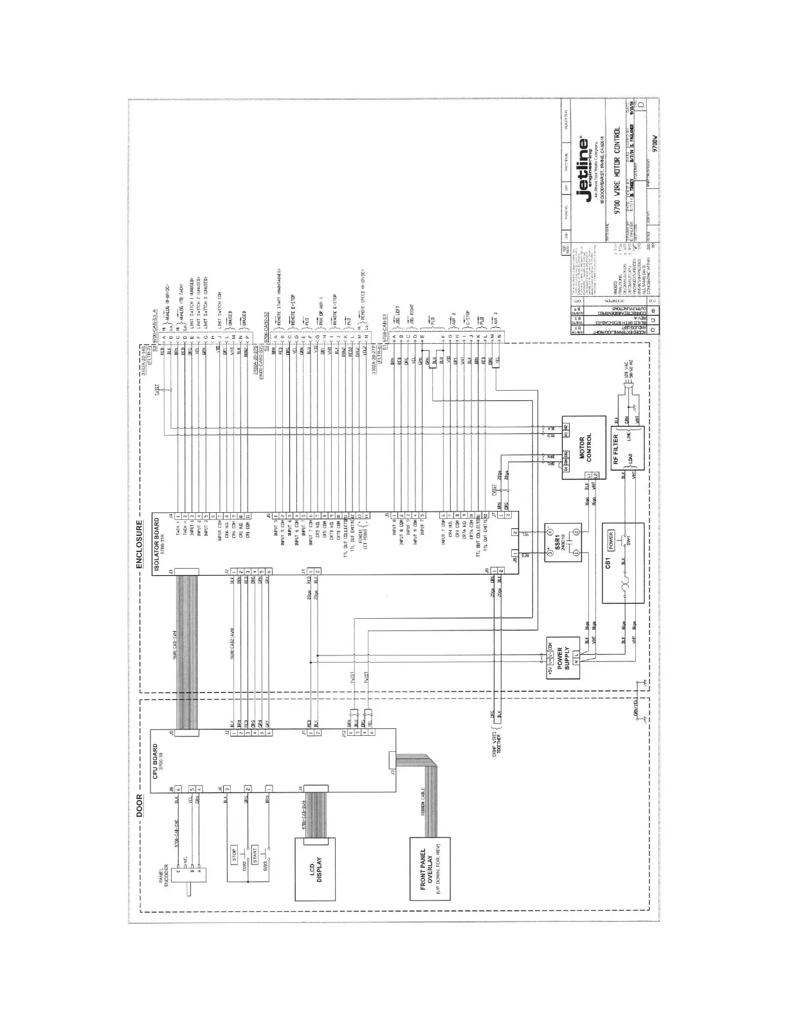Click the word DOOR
[140, 806]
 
